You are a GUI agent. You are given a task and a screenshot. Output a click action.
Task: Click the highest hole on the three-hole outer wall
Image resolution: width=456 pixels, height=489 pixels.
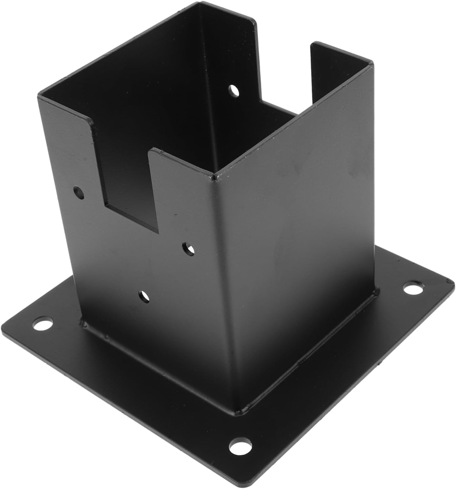[79, 193]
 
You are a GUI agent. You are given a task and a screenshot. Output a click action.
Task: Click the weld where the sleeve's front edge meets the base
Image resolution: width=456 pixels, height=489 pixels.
[238, 411]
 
